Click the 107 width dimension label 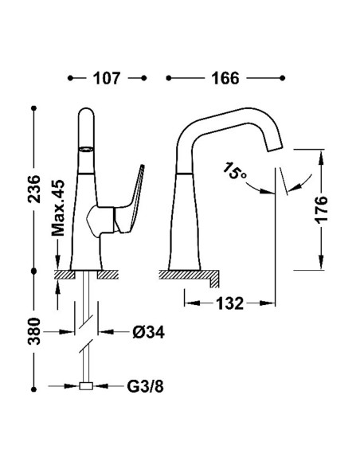click(107, 78)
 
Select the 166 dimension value click(225, 78)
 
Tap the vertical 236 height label click(34, 189)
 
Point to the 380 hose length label click(34, 331)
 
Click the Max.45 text click(58, 208)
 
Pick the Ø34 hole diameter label click(148, 332)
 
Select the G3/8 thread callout click(145, 386)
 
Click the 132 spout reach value click(229, 303)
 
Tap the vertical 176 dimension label click(321, 209)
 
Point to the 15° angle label click(234, 171)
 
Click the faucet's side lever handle click(130, 201)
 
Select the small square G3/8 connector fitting click(86, 386)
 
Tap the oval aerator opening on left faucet click(86, 149)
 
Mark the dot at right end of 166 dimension click(282, 78)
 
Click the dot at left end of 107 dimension click(70, 78)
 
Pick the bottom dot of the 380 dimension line click(33, 389)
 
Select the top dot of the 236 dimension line click(33, 108)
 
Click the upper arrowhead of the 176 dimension click(321, 157)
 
